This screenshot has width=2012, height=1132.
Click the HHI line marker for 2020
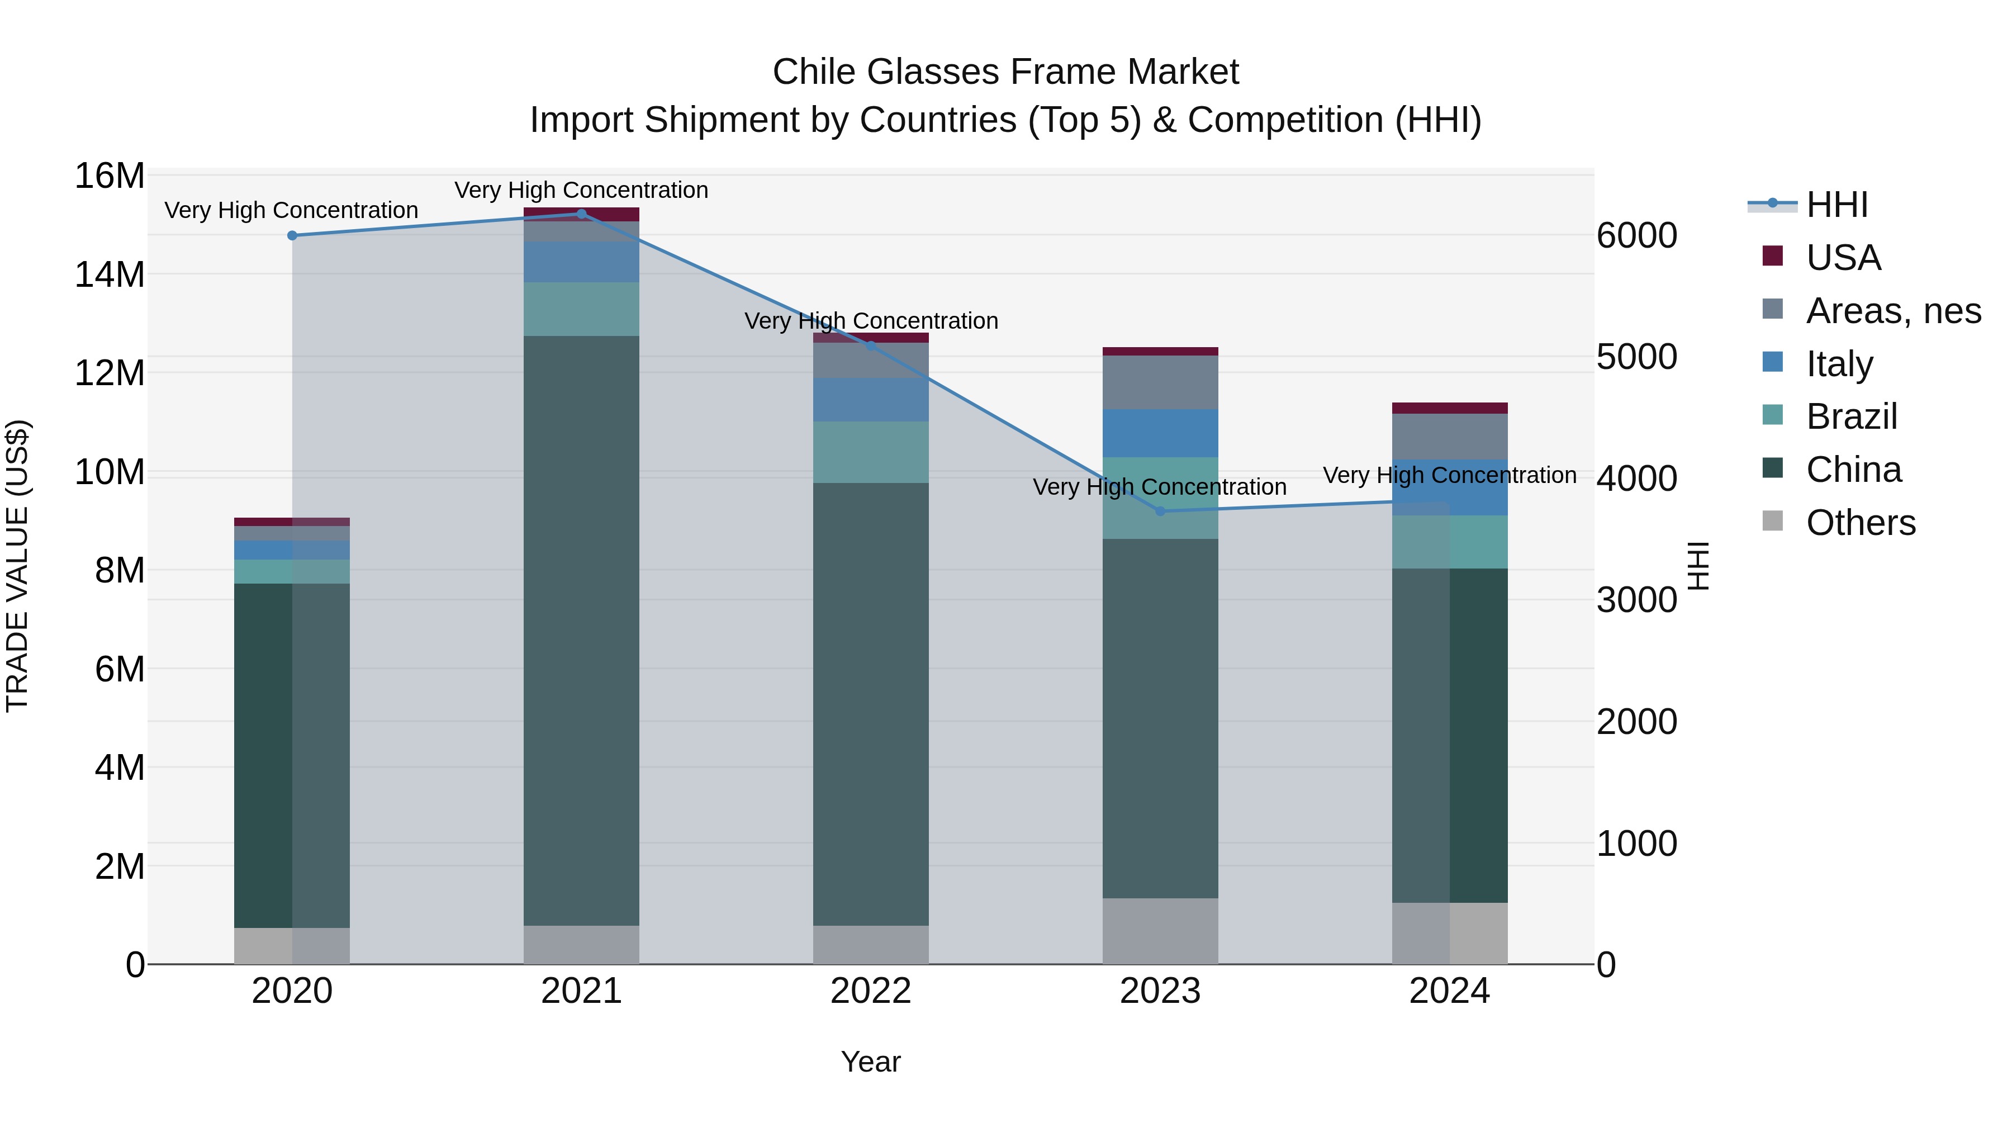[x=292, y=235]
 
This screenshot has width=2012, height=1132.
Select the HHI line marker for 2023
[x=1160, y=511]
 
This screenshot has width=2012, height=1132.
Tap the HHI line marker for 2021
[x=581, y=214]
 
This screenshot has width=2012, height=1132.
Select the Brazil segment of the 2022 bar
[x=871, y=452]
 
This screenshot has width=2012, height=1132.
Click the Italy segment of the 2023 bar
[x=1160, y=433]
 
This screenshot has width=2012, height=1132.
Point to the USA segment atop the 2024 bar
[x=1450, y=408]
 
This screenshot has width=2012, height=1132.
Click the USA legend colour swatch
[x=1772, y=256]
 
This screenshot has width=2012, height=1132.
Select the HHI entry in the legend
[x=1837, y=205]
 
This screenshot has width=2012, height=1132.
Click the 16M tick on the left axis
[x=110, y=176]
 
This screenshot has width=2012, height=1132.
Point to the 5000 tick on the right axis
[x=1636, y=357]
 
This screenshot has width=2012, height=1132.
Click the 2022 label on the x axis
[x=871, y=991]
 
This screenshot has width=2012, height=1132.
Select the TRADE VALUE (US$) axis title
[x=17, y=566]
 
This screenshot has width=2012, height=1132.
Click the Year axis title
[x=871, y=1062]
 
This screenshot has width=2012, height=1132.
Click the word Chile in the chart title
[x=815, y=72]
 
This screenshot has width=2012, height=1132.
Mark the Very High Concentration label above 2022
[x=871, y=321]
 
